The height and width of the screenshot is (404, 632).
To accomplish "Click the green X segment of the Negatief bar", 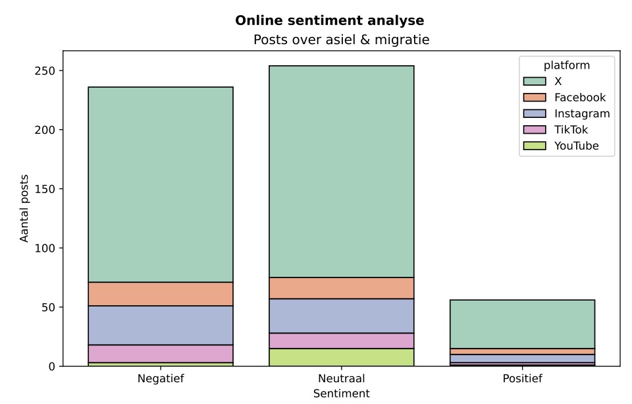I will pos(161,185).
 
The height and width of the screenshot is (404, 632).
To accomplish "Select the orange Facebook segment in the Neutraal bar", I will pos(342,288).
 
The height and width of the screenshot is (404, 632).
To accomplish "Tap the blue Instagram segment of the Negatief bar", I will pos(161,326).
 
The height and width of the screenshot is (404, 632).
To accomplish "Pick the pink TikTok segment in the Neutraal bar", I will pos(342,341).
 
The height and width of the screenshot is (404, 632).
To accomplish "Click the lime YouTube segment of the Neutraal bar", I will pos(342,357).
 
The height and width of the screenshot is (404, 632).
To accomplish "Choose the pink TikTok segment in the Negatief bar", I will pos(161,354).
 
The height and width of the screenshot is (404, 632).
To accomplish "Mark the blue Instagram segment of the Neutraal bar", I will pos(342,316).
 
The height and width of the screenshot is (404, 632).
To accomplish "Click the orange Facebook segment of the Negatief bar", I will pos(161,294).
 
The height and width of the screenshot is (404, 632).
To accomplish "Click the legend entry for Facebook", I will pos(579,98).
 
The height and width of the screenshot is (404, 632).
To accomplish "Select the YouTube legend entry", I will pos(577,146).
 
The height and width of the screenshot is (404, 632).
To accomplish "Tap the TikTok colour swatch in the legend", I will pos(535,130).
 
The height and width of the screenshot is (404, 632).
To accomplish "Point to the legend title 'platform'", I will pos(566,65).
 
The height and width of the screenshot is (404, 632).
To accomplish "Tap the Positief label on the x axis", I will pos(522,379).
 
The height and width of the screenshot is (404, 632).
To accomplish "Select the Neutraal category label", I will pos(342,379).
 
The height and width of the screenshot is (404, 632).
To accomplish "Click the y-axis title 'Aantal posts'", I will pos(24,208).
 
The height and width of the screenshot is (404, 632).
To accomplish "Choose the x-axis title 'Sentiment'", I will pos(342,393).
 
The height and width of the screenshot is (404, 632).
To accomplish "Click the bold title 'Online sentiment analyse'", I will pos(330,20).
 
